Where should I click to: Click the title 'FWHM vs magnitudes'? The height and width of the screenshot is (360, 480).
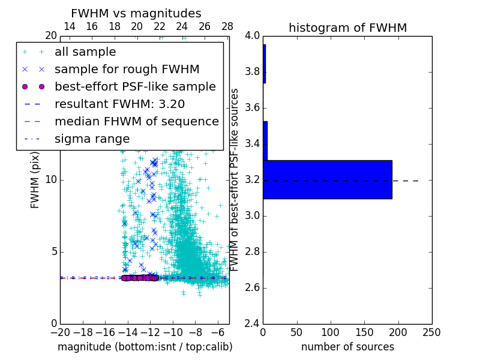tap(136, 14)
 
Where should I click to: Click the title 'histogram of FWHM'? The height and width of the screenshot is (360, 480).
tap(347, 28)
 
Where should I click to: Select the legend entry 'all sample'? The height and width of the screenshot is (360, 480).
tap(85, 52)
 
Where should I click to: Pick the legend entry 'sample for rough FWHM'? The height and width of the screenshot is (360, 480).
tap(127, 70)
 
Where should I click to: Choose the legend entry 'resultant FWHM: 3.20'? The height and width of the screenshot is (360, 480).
tap(119, 104)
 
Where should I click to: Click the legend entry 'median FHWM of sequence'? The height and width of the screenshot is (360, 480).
tap(137, 121)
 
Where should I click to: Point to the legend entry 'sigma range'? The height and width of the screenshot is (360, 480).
tap(92, 139)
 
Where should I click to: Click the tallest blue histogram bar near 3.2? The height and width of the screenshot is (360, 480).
tap(328, 179)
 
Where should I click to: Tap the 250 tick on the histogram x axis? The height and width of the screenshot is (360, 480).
tap(431, 331)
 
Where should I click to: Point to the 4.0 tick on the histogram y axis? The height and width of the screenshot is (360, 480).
tap(253, 36)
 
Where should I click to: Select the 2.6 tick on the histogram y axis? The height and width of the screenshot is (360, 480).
tap(253, 287)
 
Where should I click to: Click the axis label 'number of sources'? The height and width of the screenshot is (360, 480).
tap(347, 347)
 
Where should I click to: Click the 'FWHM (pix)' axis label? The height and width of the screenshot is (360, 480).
tap(35, 179)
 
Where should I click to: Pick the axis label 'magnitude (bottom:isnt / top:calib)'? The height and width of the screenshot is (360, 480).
tap(145, 347)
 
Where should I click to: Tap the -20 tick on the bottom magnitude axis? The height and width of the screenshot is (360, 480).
tap(60, 331)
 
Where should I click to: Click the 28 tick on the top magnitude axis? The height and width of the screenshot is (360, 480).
tap(227, 26)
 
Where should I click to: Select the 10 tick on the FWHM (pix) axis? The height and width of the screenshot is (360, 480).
tap(50, 180)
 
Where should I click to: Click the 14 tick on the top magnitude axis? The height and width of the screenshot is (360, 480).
tap(69, 26)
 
